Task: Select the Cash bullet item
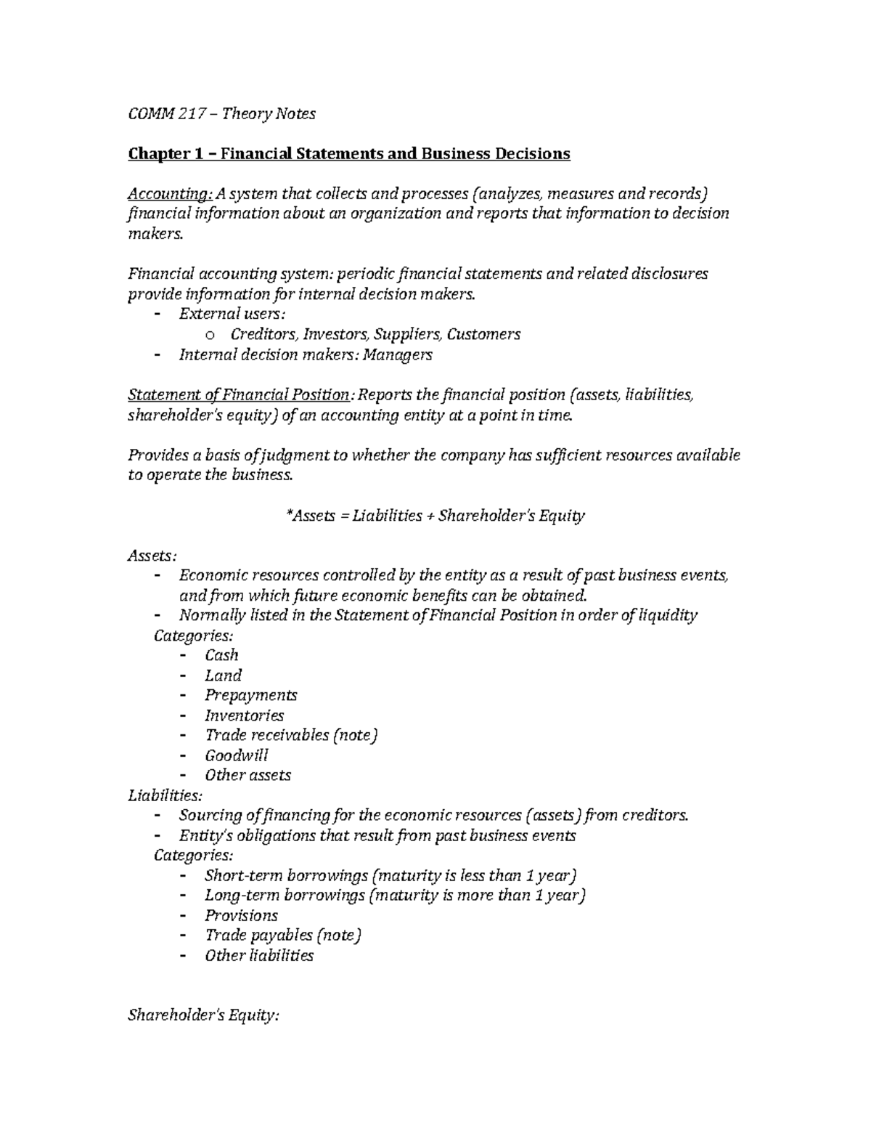(x=221, y=655)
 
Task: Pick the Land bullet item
(x=223, y=675)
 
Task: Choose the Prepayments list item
(x=250, y=695)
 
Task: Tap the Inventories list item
(x=244, y=715)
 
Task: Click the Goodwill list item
(x=236, y=755)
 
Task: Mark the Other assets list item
(x=248, y=775)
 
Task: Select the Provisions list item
(x=241, y=915)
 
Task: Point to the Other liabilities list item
(x=259, y=955)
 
